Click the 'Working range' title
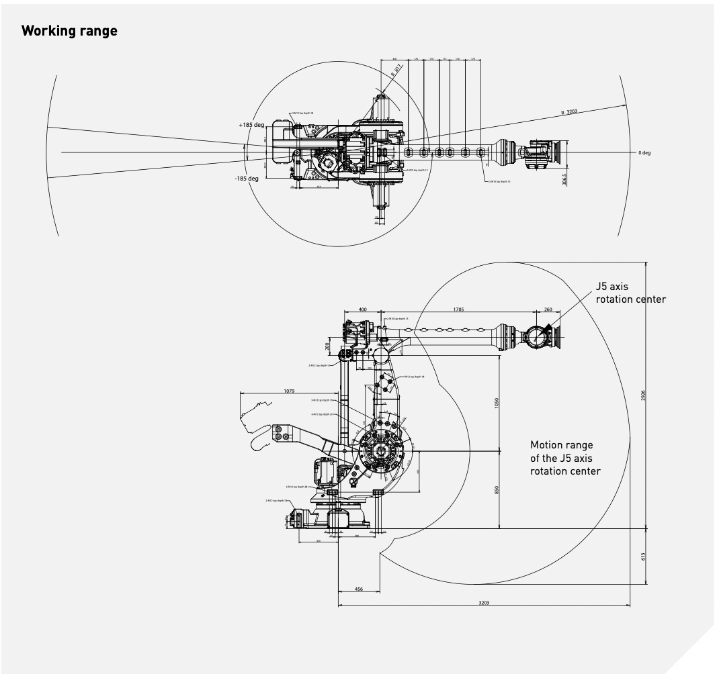(69, 32)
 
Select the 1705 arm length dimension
(458, 309)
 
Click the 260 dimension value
(547, 309)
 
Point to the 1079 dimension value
(290, 390)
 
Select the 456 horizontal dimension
(359, 589)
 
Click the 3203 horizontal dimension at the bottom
(484, 603)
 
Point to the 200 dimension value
(327, 346)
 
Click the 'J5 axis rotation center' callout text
(630, 293)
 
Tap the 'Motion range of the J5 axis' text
(565, 458)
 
